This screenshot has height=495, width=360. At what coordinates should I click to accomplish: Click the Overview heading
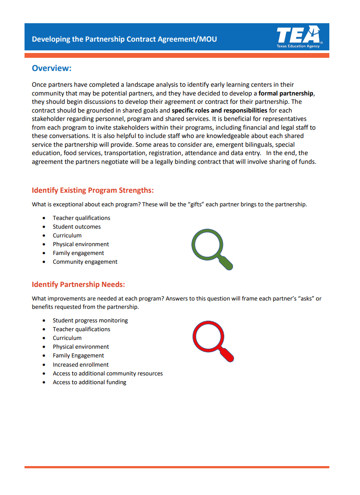[x=52, y=68]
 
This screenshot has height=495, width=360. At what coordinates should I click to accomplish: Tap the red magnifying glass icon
[x=212, y=341]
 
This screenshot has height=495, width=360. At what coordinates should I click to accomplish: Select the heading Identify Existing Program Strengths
[x=92, y=190]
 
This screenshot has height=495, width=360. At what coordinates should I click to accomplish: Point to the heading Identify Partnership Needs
[x=78, y=284]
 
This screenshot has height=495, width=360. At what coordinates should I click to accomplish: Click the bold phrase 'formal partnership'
[x=286, y=93]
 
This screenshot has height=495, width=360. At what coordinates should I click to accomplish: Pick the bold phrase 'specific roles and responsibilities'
[x=219, y=110]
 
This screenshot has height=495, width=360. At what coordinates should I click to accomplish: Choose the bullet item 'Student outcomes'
[x=77, y=226]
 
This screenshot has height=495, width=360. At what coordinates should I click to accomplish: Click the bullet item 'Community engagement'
[x=85, y=262]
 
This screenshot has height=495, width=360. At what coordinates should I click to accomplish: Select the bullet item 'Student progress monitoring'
[x=90, y=320]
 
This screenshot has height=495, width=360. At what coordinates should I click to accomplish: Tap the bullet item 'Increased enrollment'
[x=81, y=364]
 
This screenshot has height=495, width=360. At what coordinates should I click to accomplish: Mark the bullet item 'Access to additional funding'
[x=89, y=382]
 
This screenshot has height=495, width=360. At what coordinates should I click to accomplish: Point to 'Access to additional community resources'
[x=108, y=373]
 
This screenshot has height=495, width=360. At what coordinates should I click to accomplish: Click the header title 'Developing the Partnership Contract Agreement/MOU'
[x=124, y=39]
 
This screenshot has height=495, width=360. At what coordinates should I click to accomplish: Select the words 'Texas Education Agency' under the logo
[x=298, y=46]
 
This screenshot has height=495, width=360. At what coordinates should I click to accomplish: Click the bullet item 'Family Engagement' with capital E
[x=78, y=355]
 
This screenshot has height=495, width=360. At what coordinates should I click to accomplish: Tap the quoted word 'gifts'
[x=197, y=204]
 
